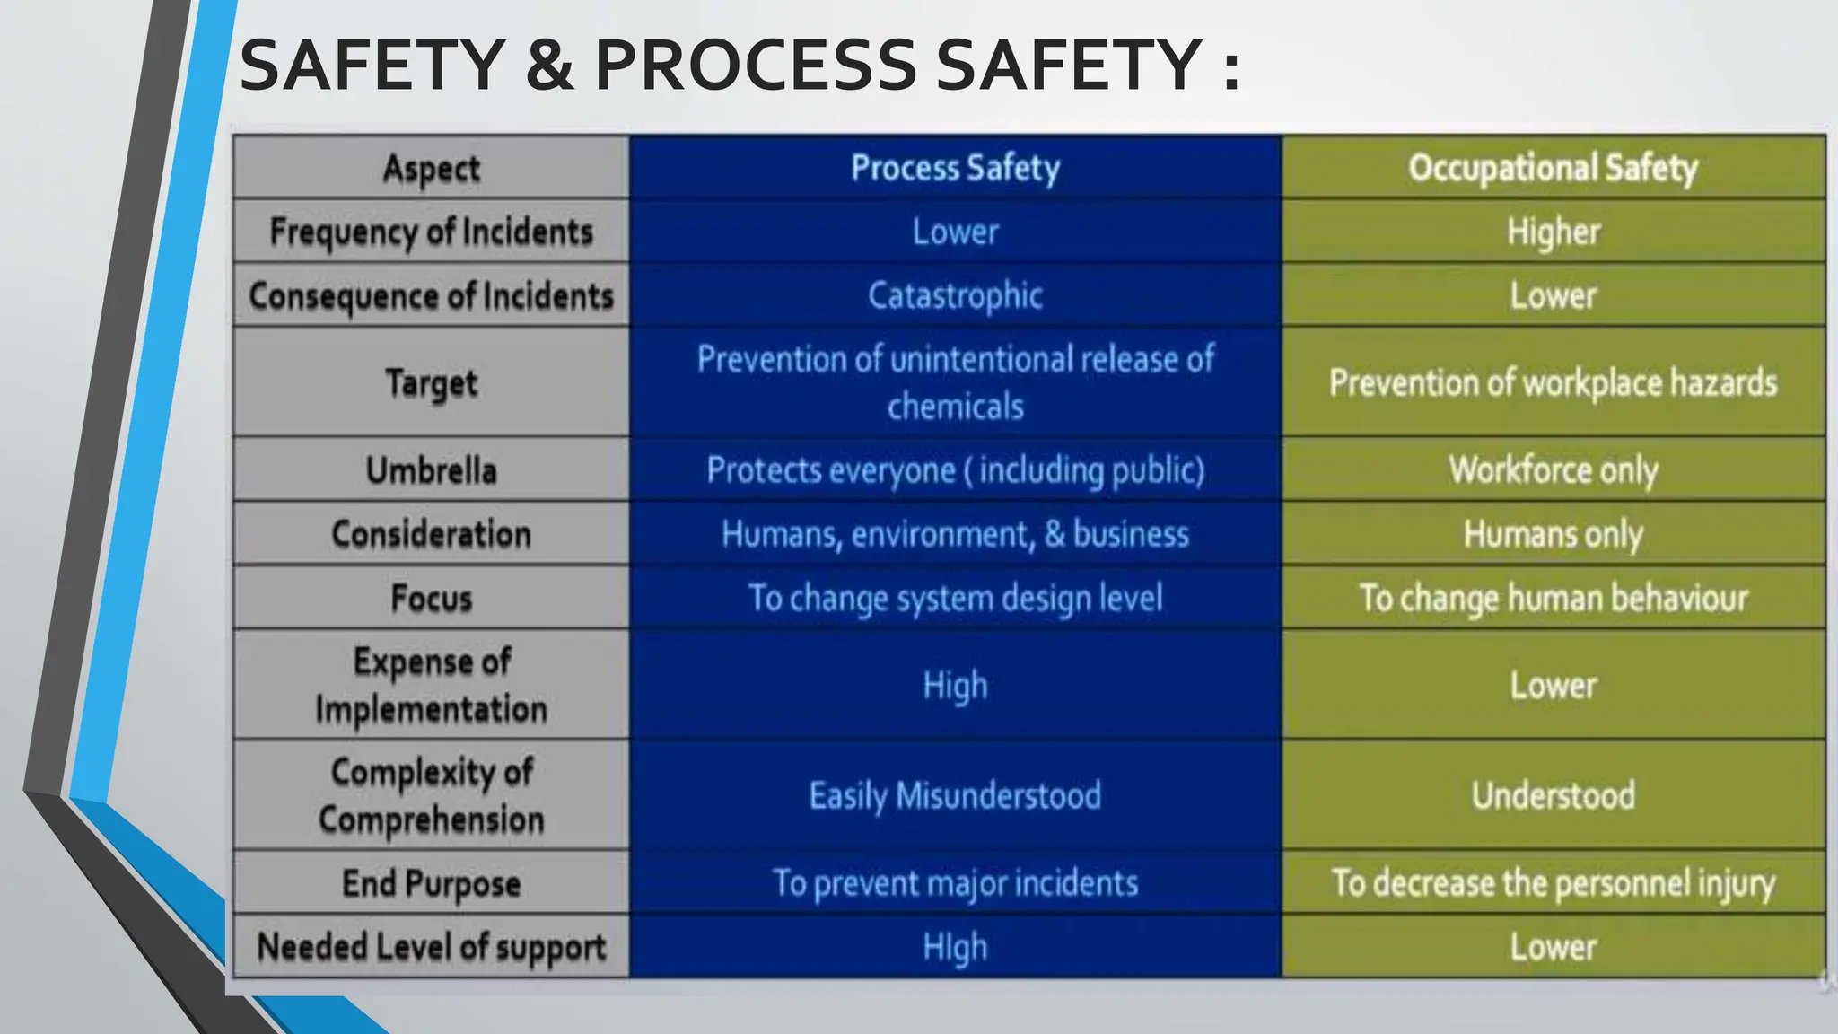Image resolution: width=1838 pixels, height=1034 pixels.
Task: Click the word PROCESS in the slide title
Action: (x=755, y=66)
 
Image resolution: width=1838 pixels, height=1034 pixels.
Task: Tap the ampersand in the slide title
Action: (x=549, y=66)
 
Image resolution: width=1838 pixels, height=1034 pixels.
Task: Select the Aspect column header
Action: (x=431, y=169)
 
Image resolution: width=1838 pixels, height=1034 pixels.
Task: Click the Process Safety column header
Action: (x=955, y=168)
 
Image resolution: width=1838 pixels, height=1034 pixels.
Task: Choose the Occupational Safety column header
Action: (x=1553, y=168)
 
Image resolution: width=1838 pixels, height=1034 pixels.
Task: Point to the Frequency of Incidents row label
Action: (x=431, y=232)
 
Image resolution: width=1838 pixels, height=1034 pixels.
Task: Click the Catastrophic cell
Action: (x=955, y=295)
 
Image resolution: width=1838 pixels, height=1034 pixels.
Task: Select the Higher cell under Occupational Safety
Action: (x=1553, y=232)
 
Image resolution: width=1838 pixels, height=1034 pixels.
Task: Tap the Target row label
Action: (x=431, y=383)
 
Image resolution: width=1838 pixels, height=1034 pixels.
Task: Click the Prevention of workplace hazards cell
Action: (x=1553, y=383)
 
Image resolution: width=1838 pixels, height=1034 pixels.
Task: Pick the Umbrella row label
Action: (x=431, y=470)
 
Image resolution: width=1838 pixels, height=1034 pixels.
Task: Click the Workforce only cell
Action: (x=1553, y=470)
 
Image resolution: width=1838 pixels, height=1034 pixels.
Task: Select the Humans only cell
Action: (x=1553, y=534)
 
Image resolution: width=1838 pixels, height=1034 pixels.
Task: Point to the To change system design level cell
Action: (x=955, y=598)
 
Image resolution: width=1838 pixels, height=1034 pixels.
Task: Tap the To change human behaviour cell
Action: (x=1553, y=598)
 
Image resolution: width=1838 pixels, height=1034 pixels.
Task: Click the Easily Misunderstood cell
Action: (x=955, y=795)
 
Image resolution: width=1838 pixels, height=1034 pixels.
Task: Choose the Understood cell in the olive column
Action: (x=1553, y=795)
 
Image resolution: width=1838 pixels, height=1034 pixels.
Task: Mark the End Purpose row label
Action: (x=431, y=883)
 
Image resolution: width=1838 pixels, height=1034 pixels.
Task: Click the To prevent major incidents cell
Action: (x=955, y=883)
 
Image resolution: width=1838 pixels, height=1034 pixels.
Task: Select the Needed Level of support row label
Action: (x=431, y=947)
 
